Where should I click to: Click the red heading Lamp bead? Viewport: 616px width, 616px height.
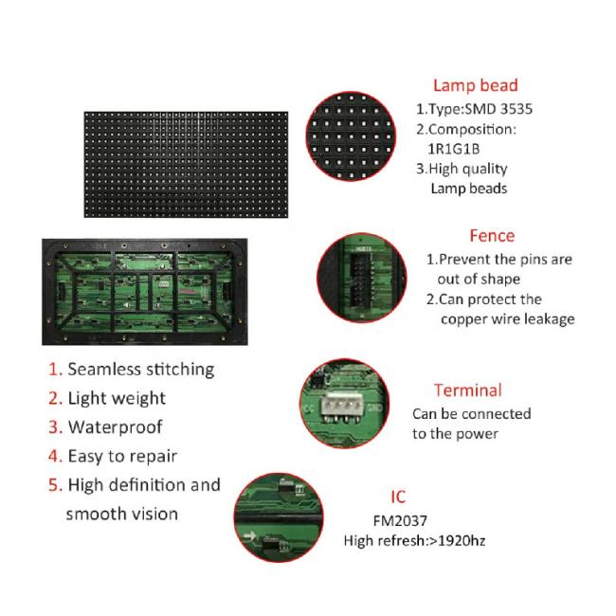click(476, 85)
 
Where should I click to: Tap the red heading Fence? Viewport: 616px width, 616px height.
click(492, 236)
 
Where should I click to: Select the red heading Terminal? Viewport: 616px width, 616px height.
click(468, 390)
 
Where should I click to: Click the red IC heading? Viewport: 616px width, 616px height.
click(398, 497)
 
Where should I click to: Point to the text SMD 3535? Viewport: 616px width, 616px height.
click(498, 109)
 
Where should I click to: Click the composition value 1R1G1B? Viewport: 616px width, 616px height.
click(454, 149)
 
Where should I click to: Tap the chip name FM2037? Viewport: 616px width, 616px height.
click(400, 521)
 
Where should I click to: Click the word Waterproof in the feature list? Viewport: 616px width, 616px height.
click(115, 427)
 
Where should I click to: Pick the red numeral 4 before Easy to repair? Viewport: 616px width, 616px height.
click(55, 456)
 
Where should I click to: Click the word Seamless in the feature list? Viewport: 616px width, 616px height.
click(104, 370)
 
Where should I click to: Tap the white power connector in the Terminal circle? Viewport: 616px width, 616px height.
click(341, 405)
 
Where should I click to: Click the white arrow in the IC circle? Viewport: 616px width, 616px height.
click(249, 535)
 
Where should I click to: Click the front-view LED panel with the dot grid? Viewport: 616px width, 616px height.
click(186, 165)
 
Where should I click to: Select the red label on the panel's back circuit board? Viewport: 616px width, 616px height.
click(189, 292)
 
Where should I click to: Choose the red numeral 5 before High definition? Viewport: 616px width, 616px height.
click(55, 485)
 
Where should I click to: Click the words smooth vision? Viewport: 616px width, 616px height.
click(122, 515)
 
